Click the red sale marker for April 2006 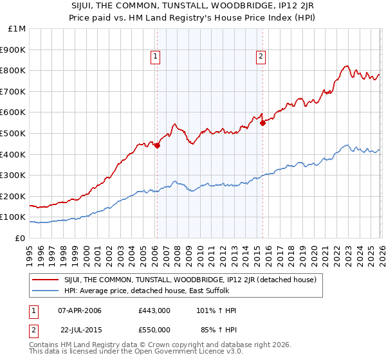pyautogui.click(x=157, y=145)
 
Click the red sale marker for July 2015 pyautogui.click(x=262, y=123)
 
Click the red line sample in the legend pyautogui.click(x=46, y=280)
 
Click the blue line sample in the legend pyautogui.click(x=46, y=291)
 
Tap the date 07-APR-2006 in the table pyautogui.click(x=80, y=310)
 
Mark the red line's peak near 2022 pyautogui.click(x=346, y=66)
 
